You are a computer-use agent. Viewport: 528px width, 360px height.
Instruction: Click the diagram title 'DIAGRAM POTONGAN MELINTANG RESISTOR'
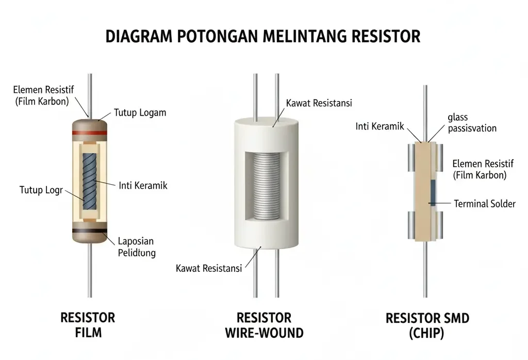pyautogui.click(x=263, y=37)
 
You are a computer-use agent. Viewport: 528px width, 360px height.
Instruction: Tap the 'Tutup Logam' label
pyautogui.click(x=140, y=112)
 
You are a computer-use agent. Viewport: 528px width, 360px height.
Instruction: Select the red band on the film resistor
pyautogui.click(x=90, y=133)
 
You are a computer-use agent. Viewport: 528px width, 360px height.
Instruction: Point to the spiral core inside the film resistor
pyautogui.click(x=90, y=181)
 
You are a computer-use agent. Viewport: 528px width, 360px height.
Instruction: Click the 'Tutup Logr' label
pyautogui.click(x=41, y=190)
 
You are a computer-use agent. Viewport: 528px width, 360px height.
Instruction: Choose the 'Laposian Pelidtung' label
pyautogui.click(x=137, y=247)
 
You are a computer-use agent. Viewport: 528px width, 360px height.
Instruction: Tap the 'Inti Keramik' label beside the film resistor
pyautogui.click(x=143, y=185)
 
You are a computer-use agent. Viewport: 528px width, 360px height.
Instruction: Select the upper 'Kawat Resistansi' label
pyautogui.click(x=319, y=103)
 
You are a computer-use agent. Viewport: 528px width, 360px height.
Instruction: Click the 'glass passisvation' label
pyautogui.click(x=472, y=123)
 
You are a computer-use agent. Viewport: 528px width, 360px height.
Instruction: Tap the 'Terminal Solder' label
pyautogui.click(x=484, y=204)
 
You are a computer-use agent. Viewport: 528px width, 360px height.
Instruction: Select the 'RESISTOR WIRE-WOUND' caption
pyautogui.click(x=264, y=325)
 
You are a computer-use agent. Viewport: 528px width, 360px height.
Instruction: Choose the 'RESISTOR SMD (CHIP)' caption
pyautogui.click(x=427, y=325)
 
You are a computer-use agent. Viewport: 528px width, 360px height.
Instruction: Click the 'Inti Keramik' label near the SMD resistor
pyautogui.click(x=380, y=125)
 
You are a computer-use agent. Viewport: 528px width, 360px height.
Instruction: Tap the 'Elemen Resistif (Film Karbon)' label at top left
pyautogui.click(x=43, y=95)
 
